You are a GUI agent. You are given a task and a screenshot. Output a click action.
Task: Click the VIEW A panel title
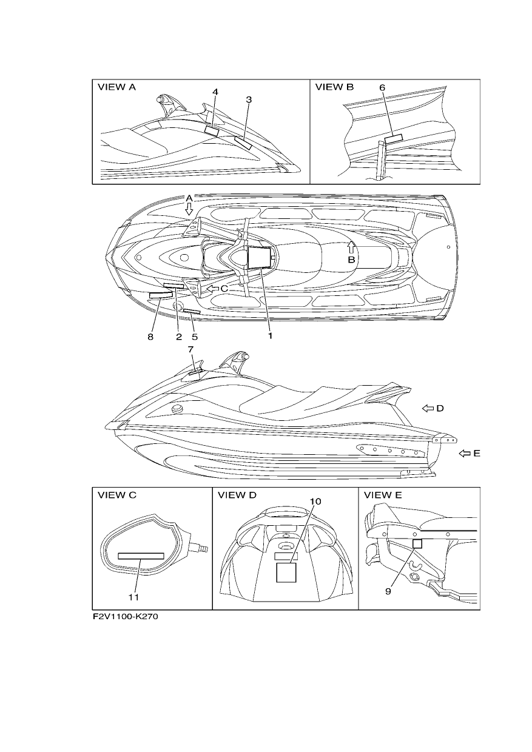[x=116, y=87]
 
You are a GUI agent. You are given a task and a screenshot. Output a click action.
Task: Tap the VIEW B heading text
[x=334, y=87]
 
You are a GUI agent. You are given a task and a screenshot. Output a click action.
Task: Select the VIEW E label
[x=383, y=495]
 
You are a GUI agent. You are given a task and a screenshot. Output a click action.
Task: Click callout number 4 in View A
[x=215, y=92]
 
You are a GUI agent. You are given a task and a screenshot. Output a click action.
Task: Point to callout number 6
[x=382, y=87]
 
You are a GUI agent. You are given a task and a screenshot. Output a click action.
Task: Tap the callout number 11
[x=133, y=597]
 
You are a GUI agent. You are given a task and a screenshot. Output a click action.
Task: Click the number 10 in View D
[x=315, y=502]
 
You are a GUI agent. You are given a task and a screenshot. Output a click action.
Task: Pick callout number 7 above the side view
[x=190, y=349]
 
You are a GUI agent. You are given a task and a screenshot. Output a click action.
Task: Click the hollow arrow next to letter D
[x=428, y=408]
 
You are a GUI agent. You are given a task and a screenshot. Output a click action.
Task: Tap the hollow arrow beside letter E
[x=465, y=454]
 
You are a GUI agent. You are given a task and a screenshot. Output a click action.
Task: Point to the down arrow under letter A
[x=189, y=209]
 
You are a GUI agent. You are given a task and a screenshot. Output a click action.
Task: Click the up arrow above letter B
[x=351, y=247]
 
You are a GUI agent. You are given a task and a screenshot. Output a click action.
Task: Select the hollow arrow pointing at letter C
[x=212, y=288]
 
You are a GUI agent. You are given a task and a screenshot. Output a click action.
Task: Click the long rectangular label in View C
[x=141, y=556]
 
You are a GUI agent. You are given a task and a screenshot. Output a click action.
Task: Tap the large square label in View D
[x=286, y=572]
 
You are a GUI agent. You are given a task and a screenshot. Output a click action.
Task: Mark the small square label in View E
[x=417, y=544]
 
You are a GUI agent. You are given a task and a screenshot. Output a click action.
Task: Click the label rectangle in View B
[x=393, y=139]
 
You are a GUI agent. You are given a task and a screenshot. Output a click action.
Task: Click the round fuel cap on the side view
[x=177, y=409]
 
